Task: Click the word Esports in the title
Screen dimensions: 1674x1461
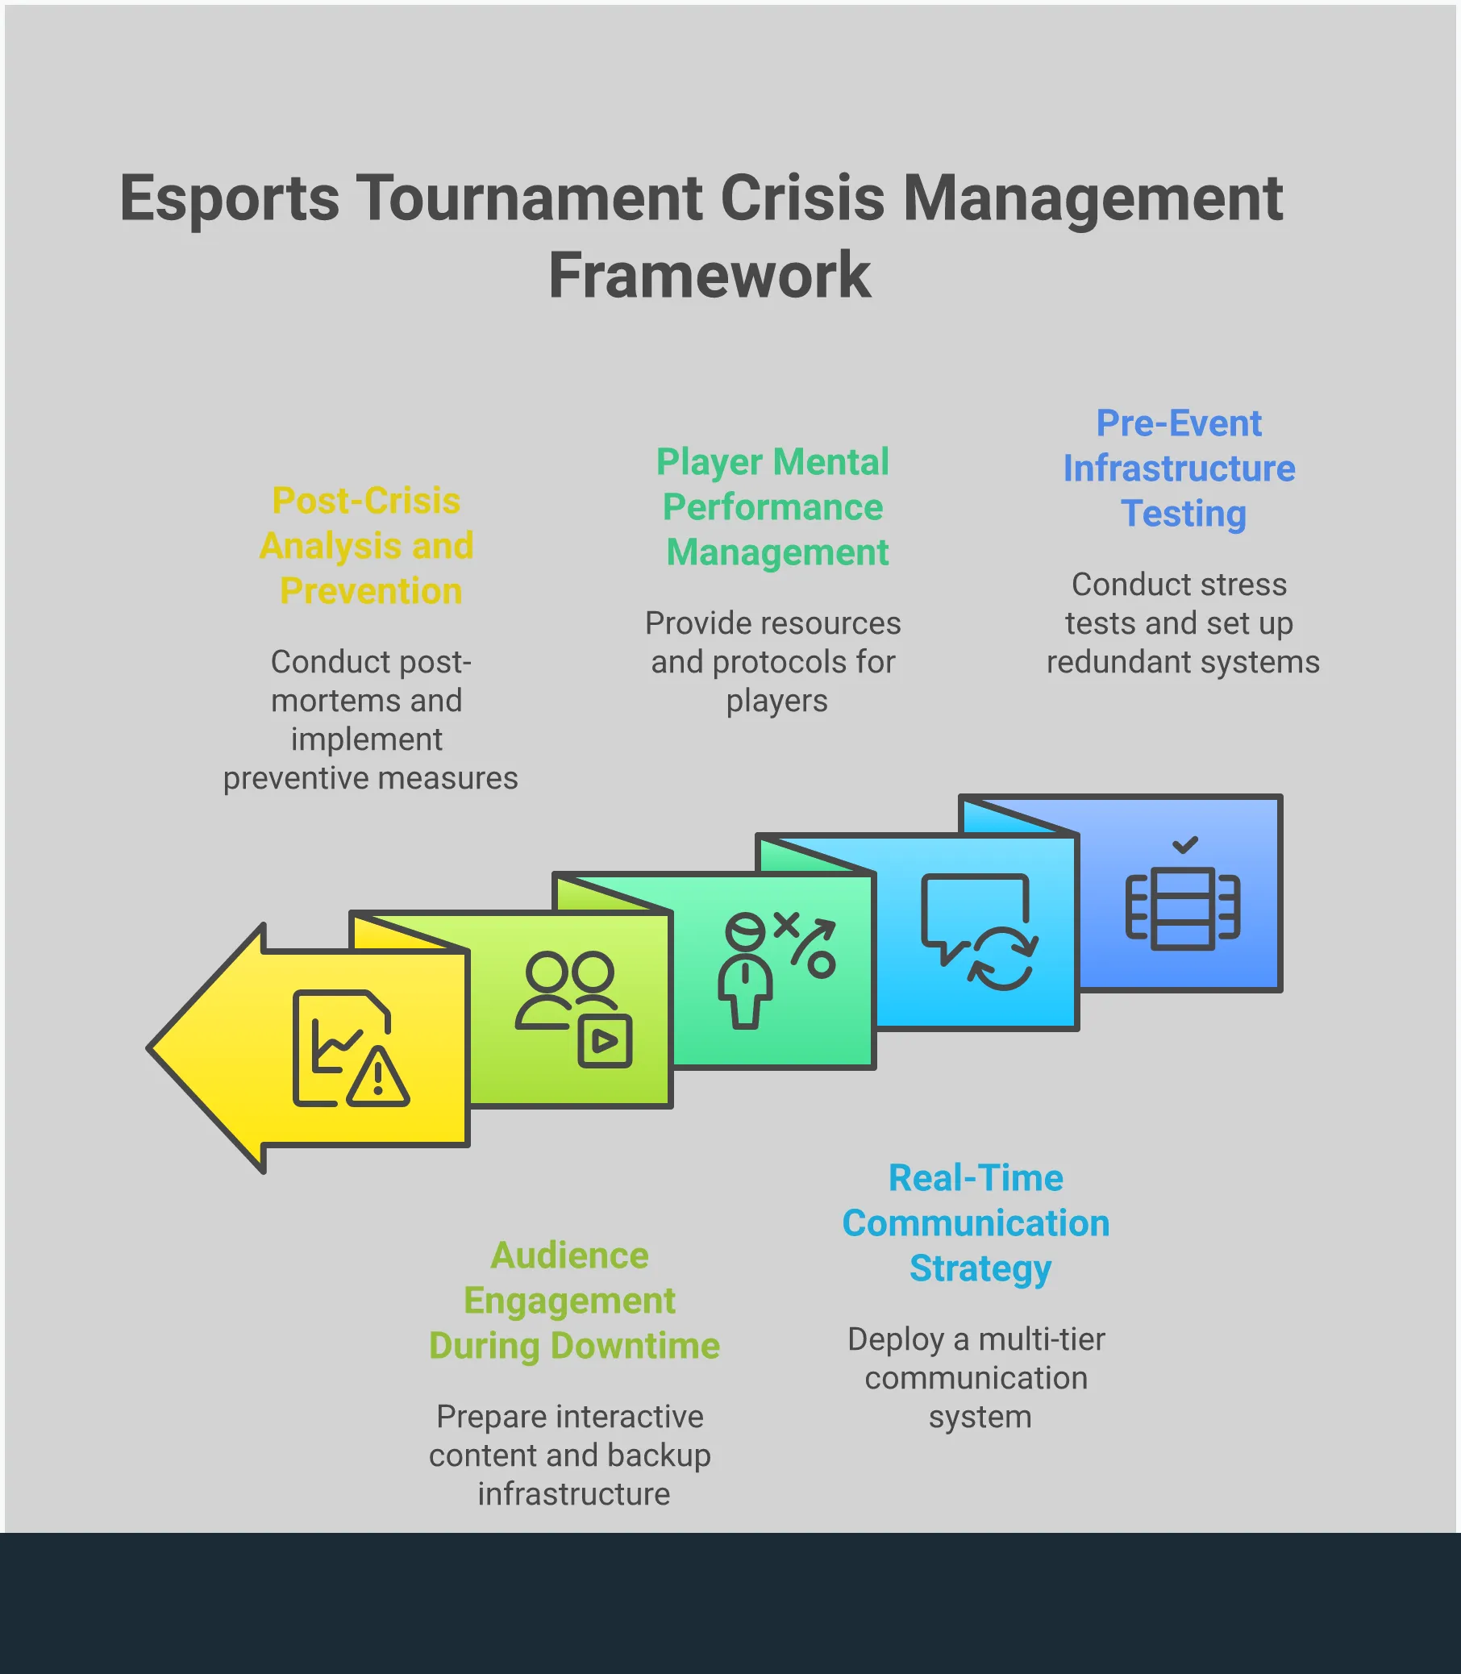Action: click(229, 198)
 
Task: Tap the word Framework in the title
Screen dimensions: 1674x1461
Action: click(709, 276)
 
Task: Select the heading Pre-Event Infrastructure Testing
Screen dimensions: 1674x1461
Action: click(1179, 468)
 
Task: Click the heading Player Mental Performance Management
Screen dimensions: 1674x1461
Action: click(773, 507)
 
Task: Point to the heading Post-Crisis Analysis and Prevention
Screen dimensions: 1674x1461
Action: click(367, 545)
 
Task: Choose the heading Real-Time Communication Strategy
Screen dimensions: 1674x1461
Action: click(976, 1223)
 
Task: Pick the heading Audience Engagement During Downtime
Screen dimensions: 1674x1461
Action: click(573, 1301)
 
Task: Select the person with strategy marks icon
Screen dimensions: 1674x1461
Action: click(776, 969)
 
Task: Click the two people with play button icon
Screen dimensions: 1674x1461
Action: click(574, 1009)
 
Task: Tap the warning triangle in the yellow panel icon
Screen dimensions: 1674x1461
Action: click(377, 1078)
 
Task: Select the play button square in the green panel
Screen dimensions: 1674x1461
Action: click(605, 1040)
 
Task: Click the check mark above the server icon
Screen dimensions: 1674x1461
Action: click(1184, 845)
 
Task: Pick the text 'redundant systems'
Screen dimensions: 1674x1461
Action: click(1183, 662)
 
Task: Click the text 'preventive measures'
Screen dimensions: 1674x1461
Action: click(370, 778)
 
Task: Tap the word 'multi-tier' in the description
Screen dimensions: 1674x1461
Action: click(1041, 1339)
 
